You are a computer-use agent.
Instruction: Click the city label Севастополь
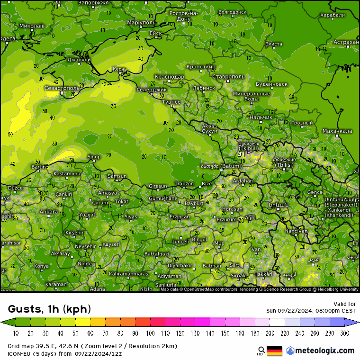coord(62,88)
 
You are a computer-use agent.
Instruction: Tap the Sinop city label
coord(94,157)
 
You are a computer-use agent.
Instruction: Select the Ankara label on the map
coord(49,212)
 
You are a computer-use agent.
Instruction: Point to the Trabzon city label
coord(184,183)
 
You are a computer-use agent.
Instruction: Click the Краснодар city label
coord(169,77)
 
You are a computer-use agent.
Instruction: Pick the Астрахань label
coord(346,42)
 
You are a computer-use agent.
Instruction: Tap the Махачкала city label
coord(337,131)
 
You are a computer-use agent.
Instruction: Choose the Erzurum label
coord(226,220)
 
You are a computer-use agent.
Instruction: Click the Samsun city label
coord(117,176)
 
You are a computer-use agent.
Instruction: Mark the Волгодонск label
coord(233,12)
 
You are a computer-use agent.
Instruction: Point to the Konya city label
coord(41,266)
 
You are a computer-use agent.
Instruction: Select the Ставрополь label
coord(228,76)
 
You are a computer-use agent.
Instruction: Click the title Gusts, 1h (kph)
coord(49,309)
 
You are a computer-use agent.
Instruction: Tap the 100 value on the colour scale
coord(151,333)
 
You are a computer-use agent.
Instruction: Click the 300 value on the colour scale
coord(345,333)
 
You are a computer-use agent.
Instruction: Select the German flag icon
coord(274,351)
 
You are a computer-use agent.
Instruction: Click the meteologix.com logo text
coord(324,351)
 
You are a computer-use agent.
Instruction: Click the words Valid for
coord(345,304)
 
